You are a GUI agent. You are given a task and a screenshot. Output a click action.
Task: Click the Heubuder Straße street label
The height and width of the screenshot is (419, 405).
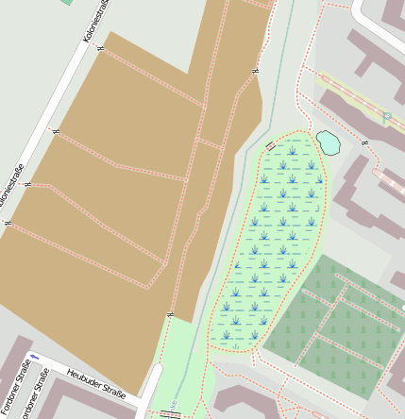click(96, 385)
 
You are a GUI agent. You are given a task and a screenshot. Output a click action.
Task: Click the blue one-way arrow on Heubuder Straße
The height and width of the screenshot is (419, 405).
click(35, 357)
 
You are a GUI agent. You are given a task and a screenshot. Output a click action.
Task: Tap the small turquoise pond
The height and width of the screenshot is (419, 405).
click(328, 142)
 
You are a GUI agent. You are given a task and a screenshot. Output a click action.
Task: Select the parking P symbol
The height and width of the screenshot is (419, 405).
click(387, 117)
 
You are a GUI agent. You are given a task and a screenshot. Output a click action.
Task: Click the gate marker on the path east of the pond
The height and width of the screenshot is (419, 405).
click(364, 142)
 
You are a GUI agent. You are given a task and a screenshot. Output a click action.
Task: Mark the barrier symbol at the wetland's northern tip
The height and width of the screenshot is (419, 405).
click(272, 145)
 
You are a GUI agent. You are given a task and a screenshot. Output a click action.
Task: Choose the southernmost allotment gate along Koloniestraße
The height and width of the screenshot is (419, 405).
click(8, 223)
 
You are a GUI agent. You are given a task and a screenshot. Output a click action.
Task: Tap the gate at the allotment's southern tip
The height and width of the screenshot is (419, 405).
click(170, 313)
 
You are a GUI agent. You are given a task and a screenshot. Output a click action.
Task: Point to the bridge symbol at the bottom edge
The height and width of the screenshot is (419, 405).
click(170, 413)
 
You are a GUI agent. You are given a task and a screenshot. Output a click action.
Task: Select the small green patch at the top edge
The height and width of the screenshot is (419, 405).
click(67, 2)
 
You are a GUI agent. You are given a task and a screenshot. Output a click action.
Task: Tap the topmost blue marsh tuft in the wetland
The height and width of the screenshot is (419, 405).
click(295, 150)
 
